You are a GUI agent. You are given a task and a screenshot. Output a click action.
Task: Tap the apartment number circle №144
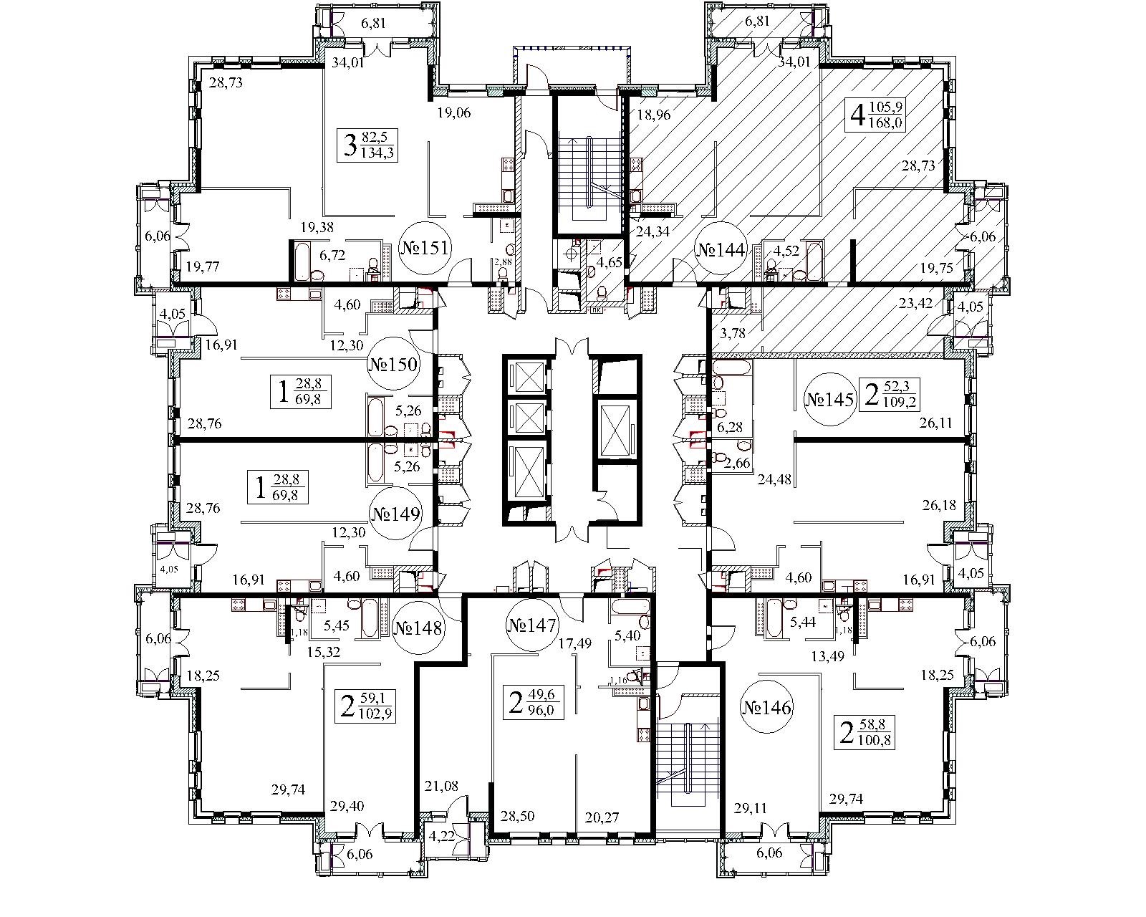721,250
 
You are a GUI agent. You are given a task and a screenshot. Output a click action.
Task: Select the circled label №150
393,364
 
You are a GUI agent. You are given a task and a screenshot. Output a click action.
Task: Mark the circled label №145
829,399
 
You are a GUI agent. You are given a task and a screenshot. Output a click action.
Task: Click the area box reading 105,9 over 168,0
877,115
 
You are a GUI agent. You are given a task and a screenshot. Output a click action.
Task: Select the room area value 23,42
915,303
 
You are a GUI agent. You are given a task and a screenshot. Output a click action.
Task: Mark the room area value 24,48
774,481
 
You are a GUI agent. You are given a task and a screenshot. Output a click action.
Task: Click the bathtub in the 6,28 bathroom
731,369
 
